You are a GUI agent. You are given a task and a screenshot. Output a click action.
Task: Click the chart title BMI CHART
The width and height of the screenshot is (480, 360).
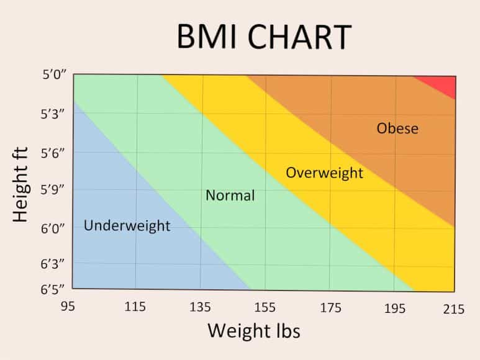coord(263,37)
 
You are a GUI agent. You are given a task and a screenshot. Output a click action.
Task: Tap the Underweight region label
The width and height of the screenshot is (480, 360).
coord(127,225)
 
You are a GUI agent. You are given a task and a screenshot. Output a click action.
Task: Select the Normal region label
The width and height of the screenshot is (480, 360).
coord(230,196)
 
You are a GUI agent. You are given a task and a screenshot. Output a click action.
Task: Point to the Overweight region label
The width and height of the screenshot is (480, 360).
coord(324,173)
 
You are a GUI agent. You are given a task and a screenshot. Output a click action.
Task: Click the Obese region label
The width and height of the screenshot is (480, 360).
coord(397,129)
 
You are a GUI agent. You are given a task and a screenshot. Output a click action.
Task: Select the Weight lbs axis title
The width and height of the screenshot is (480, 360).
coord(253,330)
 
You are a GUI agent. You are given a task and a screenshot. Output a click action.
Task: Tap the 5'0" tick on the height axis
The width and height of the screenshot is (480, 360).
coord(53,77)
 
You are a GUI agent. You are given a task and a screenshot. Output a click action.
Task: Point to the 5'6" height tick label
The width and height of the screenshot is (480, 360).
coord(53,153)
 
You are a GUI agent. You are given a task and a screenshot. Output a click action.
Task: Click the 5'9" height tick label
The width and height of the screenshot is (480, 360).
coord(53,190)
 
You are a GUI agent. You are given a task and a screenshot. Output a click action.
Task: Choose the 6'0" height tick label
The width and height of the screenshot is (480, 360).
coord(53,228)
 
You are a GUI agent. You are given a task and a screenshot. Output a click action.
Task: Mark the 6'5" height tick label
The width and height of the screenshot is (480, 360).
coord(53,289)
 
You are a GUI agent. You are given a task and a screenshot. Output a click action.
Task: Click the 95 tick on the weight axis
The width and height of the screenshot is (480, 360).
coord(70,307)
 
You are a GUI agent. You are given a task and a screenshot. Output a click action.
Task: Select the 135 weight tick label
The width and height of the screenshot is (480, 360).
coord(200,307)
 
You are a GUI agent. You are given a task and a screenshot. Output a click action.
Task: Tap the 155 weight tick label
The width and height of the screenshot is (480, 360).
coord(265,307)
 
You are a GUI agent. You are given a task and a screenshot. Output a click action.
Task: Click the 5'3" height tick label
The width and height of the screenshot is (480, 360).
coord(53,115)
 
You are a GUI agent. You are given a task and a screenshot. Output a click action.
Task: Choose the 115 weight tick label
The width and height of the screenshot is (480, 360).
coord(135,307)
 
